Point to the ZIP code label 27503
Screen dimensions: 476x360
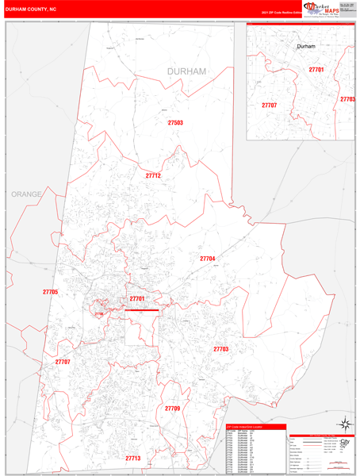(175, 123)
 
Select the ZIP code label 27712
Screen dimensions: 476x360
(153, 175)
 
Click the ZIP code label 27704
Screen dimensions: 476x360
(208, 259)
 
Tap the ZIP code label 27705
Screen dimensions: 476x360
(51, 293)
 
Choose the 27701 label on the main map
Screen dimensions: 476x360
(137, 298)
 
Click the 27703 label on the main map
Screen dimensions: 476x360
(220, 349)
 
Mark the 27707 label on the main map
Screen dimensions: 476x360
(63, 362)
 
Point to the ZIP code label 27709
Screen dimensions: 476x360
(173, 408)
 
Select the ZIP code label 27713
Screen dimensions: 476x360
(132, 459)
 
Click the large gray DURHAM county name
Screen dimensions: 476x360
(186, 71)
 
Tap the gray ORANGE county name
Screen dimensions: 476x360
(26, 194)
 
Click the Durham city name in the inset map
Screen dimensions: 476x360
(306, 47)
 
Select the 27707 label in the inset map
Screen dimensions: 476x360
(270, 105)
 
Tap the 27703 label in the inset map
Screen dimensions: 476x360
(347, 99)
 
